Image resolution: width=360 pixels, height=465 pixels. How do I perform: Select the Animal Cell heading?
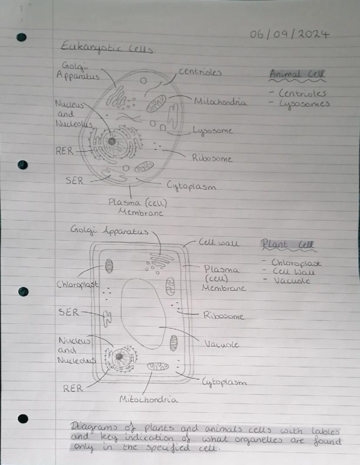297,74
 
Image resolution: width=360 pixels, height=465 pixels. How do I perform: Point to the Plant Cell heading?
288,245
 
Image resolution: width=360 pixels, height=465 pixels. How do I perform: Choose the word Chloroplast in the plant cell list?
297,263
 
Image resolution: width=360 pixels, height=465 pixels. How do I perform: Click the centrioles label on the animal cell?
200,72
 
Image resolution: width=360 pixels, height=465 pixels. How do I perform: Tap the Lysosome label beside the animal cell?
213,130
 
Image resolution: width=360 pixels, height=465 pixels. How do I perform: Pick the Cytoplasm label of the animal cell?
192,186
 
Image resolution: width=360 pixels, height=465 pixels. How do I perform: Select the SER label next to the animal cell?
74,180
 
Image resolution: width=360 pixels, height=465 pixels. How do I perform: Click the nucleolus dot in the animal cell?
112,141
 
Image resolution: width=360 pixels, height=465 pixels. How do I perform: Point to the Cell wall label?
218,242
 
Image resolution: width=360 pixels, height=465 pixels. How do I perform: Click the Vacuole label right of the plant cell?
222,344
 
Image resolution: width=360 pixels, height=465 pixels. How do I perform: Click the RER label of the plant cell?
73,388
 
